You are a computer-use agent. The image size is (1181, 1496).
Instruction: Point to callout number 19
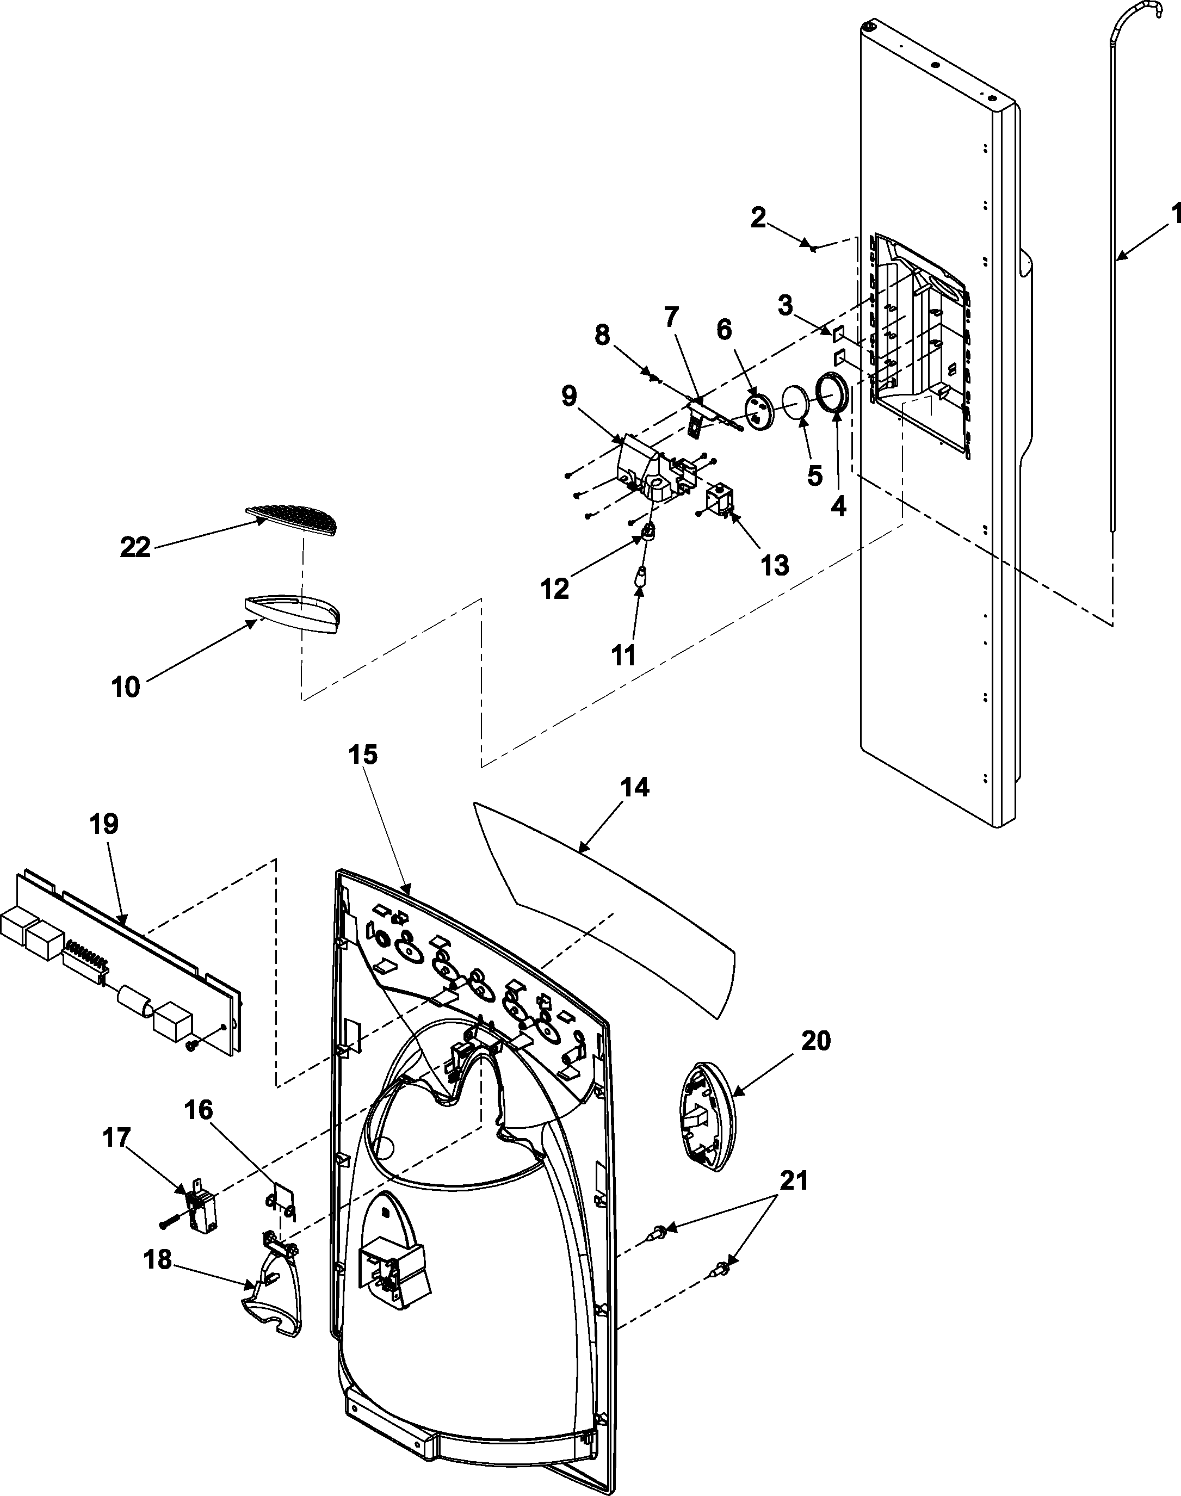[x=104, y=824]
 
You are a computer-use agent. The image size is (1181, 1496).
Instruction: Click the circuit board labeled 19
[x=125, y=968]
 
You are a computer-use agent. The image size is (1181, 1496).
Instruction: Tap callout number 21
[x=793, y=1182]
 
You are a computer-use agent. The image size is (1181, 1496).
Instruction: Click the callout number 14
[x=635, y=787]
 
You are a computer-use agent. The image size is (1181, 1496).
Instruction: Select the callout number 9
[x=568, y=396]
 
